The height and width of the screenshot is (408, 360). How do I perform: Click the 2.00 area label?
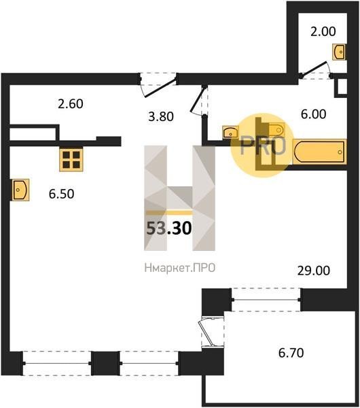pyautogui.click(x=323, y=31)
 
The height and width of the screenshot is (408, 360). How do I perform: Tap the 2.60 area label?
pyautogui.click(x=71, y=104)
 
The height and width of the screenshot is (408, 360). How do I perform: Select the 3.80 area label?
pyautogui.click(x=161, y=116)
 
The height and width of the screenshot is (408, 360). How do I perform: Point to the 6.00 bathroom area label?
pyautogui.click(x=313, y=114)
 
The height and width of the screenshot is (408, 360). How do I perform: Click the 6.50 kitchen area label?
pyautogui.click(x=61, y=194)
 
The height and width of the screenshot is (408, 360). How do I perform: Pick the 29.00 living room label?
pyautogui.click(x=314, y=271)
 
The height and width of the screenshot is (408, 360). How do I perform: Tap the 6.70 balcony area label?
pyautogui.click(x=291, y=353)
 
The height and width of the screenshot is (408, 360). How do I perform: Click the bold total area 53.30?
pyautogui.click(x=169, y=228)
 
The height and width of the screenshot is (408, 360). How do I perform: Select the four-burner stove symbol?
pyautogui.click(x=71, y=160)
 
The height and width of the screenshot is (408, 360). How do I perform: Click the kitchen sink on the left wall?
pyautogui.click(x=21, y=190)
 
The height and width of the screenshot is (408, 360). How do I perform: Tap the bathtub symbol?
pyautogui.click(x=319, y=152)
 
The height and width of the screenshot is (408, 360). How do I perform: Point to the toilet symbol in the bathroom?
pyautogui.click(x=276, y=129)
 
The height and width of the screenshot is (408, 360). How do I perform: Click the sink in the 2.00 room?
pyautogui.click(x=339, y=52)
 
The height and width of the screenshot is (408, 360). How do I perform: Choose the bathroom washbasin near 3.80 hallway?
pyautogui.click(x=230, y=132)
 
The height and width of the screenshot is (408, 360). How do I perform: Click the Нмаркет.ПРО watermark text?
pyautogui.click(x=180, y=268)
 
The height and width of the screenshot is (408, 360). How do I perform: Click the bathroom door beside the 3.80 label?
pyautogui.click(x=199, y=100)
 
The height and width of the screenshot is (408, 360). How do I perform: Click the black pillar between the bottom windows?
pyautogui.click(x=105, y=363)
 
